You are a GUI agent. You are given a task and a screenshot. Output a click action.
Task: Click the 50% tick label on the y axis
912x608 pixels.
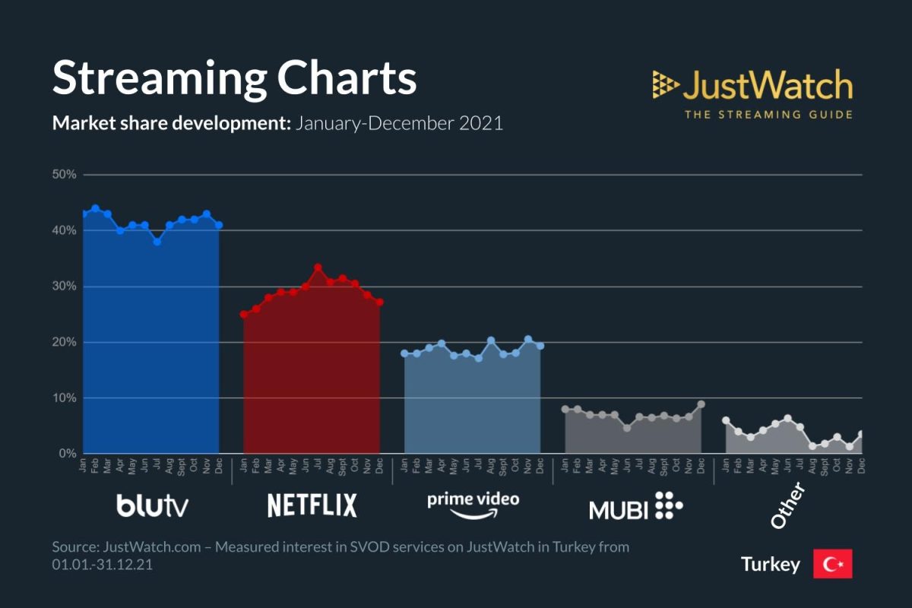pos(65,175)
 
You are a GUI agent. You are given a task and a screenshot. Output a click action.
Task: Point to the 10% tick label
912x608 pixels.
pos(65,398)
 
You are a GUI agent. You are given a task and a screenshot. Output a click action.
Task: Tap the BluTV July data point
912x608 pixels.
pos(157,242)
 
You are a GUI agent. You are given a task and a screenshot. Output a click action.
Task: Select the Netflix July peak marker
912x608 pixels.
pos(318,268)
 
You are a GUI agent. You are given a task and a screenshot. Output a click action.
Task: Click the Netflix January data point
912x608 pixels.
pos(244,314)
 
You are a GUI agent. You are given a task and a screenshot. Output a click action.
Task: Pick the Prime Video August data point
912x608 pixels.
pos(491,340)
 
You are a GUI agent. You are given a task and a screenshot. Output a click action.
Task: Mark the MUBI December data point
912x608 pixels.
pos(701,404)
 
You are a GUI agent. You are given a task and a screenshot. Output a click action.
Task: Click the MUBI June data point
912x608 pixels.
pos(627,428)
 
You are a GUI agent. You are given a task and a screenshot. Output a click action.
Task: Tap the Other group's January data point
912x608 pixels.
pos(726,420)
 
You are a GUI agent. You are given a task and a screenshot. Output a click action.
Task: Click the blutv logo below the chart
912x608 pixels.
pos(152,505)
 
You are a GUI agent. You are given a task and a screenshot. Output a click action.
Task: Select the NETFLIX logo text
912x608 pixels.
pos(312,505)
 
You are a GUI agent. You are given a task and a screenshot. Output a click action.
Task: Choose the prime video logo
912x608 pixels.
pos(473,505)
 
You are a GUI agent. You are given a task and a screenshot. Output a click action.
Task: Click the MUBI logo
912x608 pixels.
pos(635,507)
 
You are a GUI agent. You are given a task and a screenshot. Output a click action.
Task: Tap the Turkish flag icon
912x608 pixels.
pos(832,564)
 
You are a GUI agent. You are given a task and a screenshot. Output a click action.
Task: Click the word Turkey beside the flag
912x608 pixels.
pos(771,565)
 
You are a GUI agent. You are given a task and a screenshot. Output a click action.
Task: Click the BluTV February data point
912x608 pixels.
pos(96,208)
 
